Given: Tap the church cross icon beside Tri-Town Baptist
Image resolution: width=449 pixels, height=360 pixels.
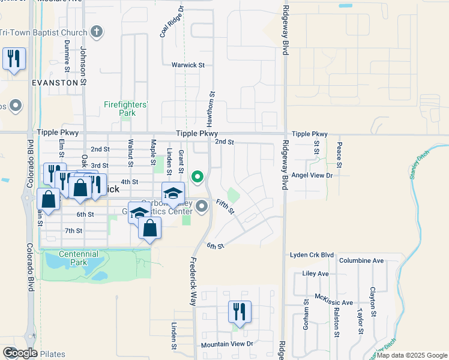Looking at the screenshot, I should tap(97, 32).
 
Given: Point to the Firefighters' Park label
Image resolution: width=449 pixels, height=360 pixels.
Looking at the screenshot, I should tap(125, 108).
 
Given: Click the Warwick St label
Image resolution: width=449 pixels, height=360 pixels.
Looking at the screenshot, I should tap(188, 65).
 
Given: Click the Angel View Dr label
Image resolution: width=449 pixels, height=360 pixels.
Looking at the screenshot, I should tap(312, 175).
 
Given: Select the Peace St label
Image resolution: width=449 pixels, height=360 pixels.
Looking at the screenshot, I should tap(339, 154).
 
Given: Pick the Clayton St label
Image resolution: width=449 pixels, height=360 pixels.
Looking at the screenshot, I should tap(373, 318).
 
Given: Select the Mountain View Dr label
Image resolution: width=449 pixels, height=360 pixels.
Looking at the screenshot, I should tap(228, 344).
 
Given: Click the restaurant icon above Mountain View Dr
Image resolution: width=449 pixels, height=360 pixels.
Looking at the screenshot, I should tap(238, 312).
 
